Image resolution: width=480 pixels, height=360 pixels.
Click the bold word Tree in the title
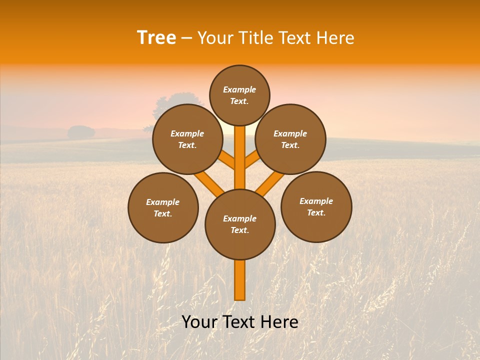click(156, 38)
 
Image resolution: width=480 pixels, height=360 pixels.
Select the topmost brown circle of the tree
click(239, 95)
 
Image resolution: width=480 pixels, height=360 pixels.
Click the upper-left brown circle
click(187, 139)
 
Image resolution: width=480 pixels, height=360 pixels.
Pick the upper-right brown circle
click(290, 139)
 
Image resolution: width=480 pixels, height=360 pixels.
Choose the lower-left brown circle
click(163, 207)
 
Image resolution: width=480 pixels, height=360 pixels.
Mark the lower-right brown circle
click(316, 206)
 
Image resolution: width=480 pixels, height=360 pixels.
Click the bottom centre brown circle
click(240, 224)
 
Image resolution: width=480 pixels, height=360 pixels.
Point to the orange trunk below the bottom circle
click(240, 280)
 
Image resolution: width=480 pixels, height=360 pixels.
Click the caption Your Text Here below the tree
click(240, 322)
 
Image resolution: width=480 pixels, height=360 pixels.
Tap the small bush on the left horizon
click(81, 132)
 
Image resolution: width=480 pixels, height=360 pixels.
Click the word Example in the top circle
click(239, 89)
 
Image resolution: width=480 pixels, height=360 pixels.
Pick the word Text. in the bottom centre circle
click(239, 230)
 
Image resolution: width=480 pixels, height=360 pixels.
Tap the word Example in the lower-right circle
click(316, 201)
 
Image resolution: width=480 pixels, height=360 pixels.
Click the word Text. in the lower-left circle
click(162, 214)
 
